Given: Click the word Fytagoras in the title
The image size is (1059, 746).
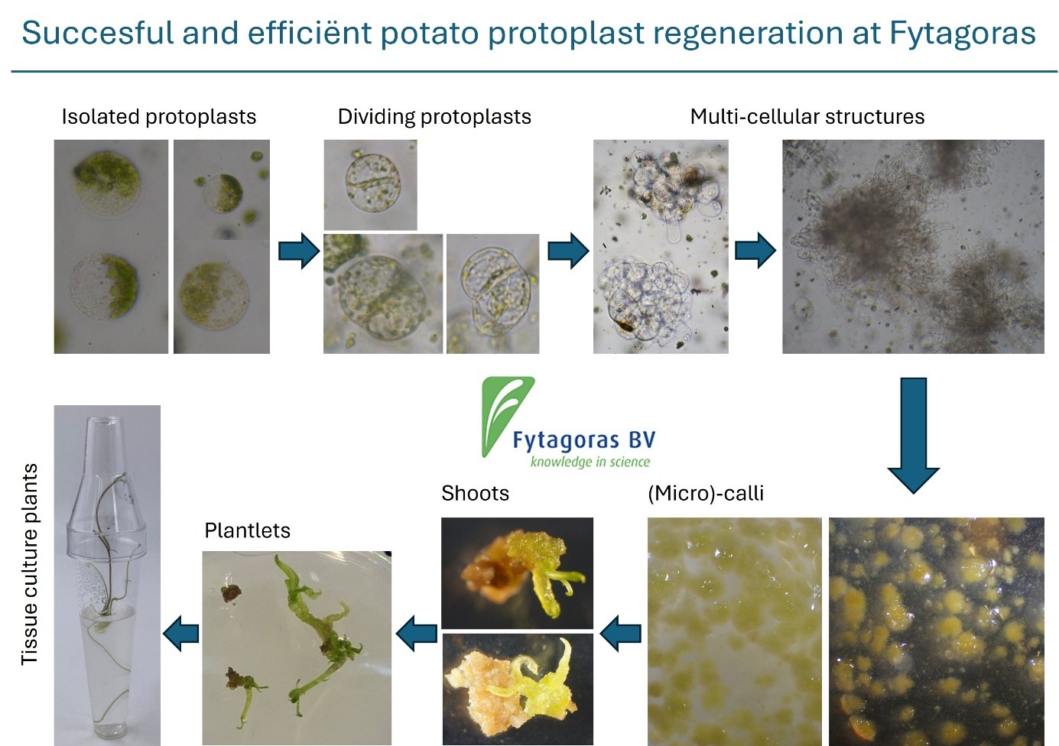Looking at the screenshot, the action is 963,34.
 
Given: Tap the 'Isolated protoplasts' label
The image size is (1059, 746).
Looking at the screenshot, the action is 159,117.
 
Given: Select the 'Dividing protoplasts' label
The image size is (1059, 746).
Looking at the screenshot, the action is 434,117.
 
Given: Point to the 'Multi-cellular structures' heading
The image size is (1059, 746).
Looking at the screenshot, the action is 807,117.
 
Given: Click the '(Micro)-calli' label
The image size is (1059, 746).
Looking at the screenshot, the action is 706,494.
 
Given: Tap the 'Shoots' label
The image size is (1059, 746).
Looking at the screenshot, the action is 475,493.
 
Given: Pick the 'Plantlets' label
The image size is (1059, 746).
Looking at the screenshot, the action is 247,530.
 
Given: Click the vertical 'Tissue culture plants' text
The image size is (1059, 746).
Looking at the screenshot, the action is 29,564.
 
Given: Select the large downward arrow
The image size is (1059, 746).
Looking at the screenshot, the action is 914,436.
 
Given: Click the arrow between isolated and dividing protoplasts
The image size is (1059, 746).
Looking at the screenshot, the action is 299,251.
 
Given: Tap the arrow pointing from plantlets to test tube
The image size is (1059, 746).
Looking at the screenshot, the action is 180,634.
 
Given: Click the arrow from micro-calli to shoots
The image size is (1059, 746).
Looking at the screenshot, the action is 620,634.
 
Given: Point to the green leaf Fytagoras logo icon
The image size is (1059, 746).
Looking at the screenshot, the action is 505,416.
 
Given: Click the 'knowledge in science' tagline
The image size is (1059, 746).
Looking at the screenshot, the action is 590,462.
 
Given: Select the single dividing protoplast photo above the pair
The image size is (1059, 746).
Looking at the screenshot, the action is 370,185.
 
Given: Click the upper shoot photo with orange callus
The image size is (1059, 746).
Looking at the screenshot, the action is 517,573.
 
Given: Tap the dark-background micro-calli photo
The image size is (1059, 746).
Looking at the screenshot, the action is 936,631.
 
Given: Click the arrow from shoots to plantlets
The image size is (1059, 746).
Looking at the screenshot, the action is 417,634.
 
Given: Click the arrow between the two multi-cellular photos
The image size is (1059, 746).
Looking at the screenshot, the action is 755,251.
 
